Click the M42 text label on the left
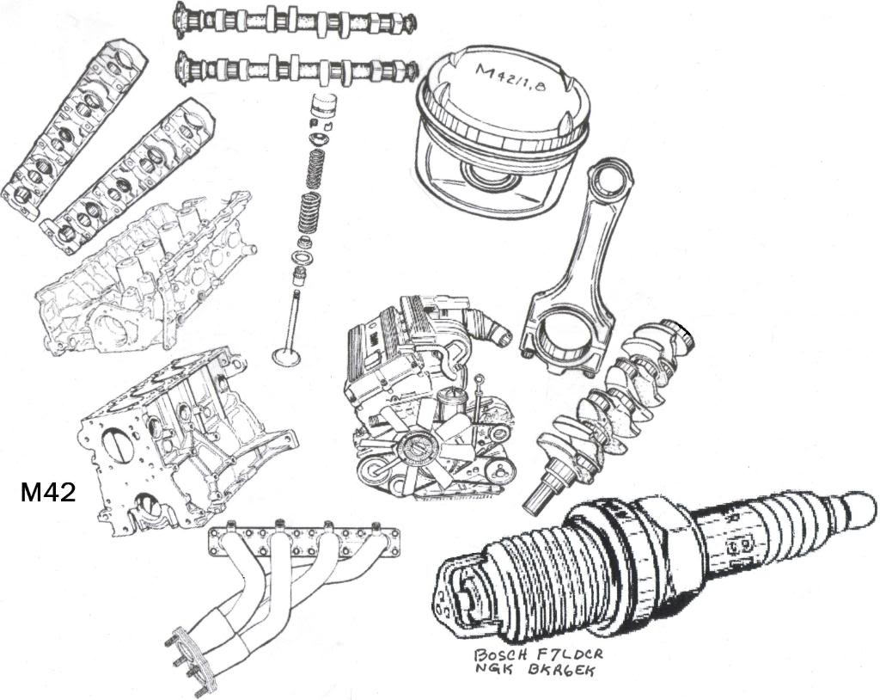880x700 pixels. point(48,492)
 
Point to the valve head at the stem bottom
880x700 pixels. point(286,355)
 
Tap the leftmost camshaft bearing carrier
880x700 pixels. point(73,129)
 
